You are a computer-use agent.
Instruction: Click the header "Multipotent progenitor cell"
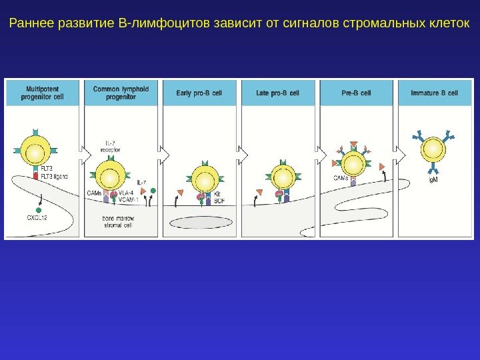45,92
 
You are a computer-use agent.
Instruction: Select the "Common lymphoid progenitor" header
121,92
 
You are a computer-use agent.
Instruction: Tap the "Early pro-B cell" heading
199,93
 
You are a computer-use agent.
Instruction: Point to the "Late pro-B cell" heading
278,93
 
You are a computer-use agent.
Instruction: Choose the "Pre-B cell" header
356,93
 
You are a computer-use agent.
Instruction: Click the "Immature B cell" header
434,93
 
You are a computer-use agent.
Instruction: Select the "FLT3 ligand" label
54,176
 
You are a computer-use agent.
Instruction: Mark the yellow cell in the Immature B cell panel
433,149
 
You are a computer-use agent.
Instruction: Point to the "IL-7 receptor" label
111,147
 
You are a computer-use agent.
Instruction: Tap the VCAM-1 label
129,199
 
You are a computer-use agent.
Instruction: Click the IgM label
432,179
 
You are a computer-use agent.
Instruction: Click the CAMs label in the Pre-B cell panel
341,178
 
